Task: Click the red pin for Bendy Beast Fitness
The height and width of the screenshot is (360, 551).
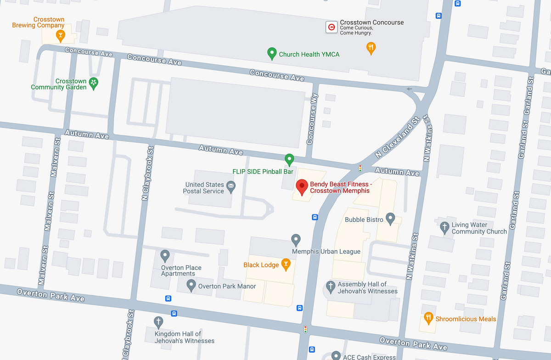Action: (302, 186)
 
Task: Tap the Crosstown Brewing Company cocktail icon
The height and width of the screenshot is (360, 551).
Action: (60, 35)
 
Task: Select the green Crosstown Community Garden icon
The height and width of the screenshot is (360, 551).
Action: (94, 83)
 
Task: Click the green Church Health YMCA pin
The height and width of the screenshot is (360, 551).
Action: (272, 53)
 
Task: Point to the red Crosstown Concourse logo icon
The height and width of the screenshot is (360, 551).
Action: (331, 27)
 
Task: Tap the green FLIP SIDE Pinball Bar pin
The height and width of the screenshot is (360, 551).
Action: (289, 159)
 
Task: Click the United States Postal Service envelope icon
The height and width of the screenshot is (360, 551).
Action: (231, 186)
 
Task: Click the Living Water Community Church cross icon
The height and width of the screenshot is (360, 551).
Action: (444, 227)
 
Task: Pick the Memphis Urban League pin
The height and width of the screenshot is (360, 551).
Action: (296, 239)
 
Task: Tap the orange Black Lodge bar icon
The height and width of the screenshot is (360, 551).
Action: (286, 264)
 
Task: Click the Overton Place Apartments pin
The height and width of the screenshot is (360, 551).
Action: (165, 255)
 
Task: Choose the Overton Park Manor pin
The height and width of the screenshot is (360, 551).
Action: (191, 286)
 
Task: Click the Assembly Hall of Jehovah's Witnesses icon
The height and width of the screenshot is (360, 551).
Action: (330, 287)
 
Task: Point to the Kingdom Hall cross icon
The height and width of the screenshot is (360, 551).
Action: (158, 321)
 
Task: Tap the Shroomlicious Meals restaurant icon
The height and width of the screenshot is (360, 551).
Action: (428, 318)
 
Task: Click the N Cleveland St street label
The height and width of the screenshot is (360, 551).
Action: (398, 137)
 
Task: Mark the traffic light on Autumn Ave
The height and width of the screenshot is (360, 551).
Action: (360, 168)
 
